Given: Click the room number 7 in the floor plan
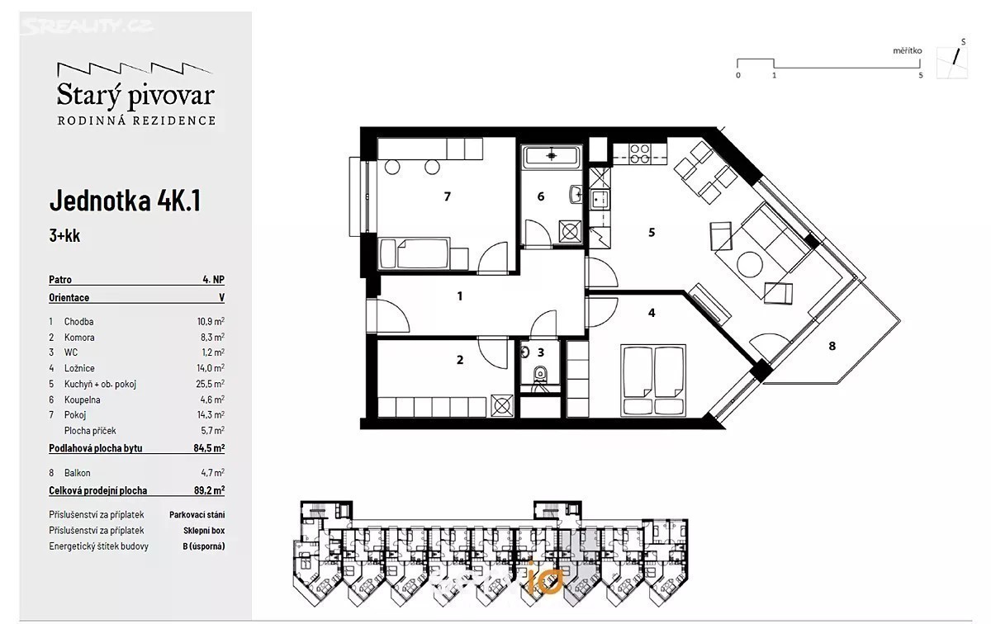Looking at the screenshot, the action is (448, 196).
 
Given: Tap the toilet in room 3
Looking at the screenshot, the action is (540, 375).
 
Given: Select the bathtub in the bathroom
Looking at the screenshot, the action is (552, 156).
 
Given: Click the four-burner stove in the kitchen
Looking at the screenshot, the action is (640, 154).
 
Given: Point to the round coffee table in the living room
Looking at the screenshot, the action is (750, 264).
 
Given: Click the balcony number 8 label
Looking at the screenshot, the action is (832, 347).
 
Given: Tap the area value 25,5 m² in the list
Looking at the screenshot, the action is (210, 384).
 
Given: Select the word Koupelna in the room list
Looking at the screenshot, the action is (83, 399).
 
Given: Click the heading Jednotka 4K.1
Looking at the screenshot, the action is (126, 201).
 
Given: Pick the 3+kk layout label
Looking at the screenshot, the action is (64, 235).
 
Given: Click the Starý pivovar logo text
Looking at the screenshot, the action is (135, 96).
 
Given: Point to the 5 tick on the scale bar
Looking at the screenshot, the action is (921, 75).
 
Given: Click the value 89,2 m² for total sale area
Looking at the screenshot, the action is (209, 490).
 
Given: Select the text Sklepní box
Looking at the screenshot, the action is (204, 530).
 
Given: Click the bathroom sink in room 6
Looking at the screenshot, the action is (576, 194).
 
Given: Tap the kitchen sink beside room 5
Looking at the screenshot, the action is (600, 200).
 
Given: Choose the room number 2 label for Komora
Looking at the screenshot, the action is (460, 360).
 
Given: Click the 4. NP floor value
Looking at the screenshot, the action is (214, 280).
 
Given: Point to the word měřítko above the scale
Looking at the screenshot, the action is (908, 51).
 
